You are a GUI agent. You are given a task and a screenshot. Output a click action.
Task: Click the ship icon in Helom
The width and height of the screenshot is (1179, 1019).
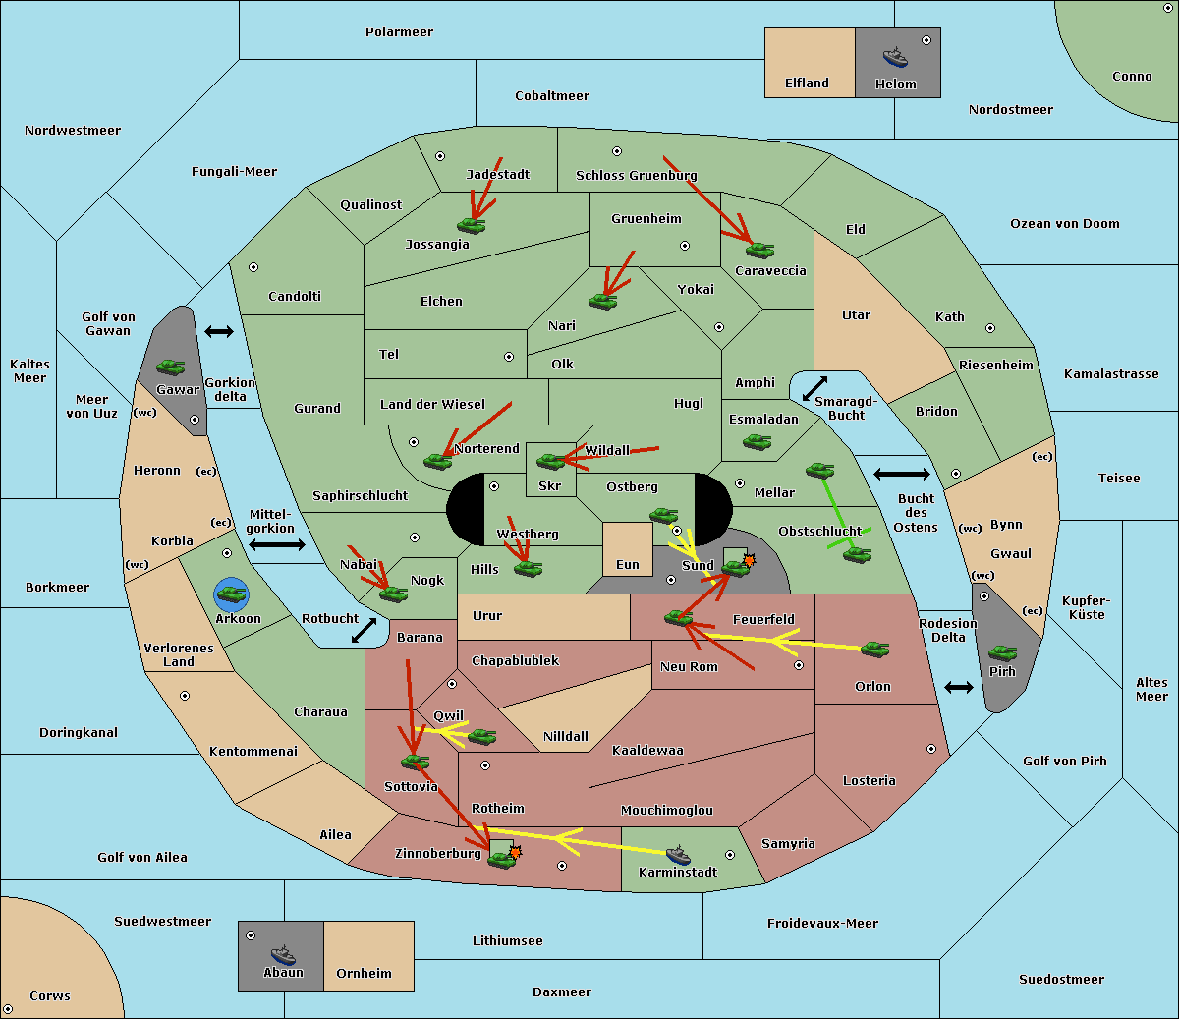[895, 57]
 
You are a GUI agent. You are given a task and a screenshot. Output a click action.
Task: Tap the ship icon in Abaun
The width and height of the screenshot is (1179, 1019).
[284, 955]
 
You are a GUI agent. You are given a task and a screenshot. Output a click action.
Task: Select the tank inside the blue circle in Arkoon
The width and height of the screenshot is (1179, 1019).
[231, 594]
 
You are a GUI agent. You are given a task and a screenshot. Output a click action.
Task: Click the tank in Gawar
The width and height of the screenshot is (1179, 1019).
[171, 367]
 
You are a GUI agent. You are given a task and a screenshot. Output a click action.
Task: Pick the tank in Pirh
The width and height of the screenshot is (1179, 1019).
[1003, 652]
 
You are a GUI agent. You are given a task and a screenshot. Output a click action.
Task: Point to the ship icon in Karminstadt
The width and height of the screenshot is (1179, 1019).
[678, 855]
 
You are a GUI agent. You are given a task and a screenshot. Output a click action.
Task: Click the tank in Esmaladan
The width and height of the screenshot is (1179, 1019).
[757, 441]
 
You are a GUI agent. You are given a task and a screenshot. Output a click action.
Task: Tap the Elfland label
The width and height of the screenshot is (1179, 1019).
[807, 84]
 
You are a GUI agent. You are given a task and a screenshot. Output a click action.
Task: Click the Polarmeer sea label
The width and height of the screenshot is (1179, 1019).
[399, 32]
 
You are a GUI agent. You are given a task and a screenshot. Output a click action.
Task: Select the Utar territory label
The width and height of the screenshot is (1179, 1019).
[856, 315]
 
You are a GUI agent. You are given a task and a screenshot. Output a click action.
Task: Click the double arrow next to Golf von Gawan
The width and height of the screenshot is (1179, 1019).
[219, 331]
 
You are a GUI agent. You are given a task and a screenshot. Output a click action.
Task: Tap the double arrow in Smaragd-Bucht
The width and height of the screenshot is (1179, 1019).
[814, 388]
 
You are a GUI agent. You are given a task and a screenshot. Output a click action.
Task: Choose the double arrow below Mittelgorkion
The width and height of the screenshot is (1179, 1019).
[277, 545]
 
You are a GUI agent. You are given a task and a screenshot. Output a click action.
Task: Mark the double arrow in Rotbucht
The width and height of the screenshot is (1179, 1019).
[364, 631]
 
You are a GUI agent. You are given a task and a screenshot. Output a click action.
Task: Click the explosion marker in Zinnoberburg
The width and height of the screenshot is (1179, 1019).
[516, 852]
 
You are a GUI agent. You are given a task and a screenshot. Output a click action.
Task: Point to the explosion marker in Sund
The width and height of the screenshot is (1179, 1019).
[749, 560]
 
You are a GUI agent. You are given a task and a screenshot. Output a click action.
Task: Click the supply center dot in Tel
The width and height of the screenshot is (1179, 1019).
[509, 357]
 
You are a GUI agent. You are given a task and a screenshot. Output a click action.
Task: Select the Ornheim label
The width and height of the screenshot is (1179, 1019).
[364, 974]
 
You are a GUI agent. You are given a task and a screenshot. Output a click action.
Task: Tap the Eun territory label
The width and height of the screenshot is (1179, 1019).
[628, 564]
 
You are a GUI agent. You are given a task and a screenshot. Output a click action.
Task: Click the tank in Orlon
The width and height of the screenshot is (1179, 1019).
[875, 650]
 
